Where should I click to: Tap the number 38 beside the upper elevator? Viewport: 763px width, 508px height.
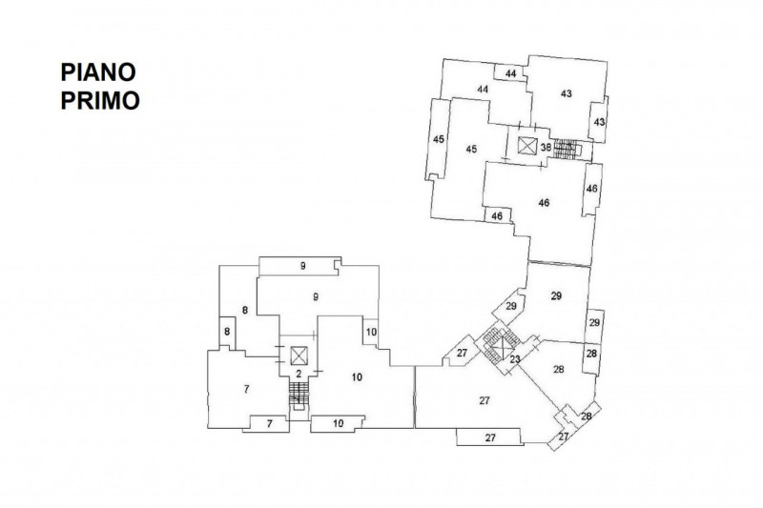point(546,148)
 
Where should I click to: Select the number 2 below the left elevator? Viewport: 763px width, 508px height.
point(299,373)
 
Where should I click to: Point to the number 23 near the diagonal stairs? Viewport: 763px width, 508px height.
point(515,359)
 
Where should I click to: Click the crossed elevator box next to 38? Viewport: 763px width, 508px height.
point(526,146)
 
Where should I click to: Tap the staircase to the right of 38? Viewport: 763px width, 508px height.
point(567,149)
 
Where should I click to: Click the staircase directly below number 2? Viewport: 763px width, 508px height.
point(299,391)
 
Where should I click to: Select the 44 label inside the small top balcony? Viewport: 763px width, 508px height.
point(511,73)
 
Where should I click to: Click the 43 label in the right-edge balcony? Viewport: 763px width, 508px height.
point(599,122)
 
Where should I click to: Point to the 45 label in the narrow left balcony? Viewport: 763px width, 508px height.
point(439,140)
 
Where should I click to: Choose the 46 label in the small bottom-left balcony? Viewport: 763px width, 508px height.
point(497,217)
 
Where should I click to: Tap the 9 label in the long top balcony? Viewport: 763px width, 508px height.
point(301,266)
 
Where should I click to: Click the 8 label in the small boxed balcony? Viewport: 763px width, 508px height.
point(227,331)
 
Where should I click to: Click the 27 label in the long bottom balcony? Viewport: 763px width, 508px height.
point(490,437)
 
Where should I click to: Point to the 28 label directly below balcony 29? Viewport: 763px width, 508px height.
point(591,354)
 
